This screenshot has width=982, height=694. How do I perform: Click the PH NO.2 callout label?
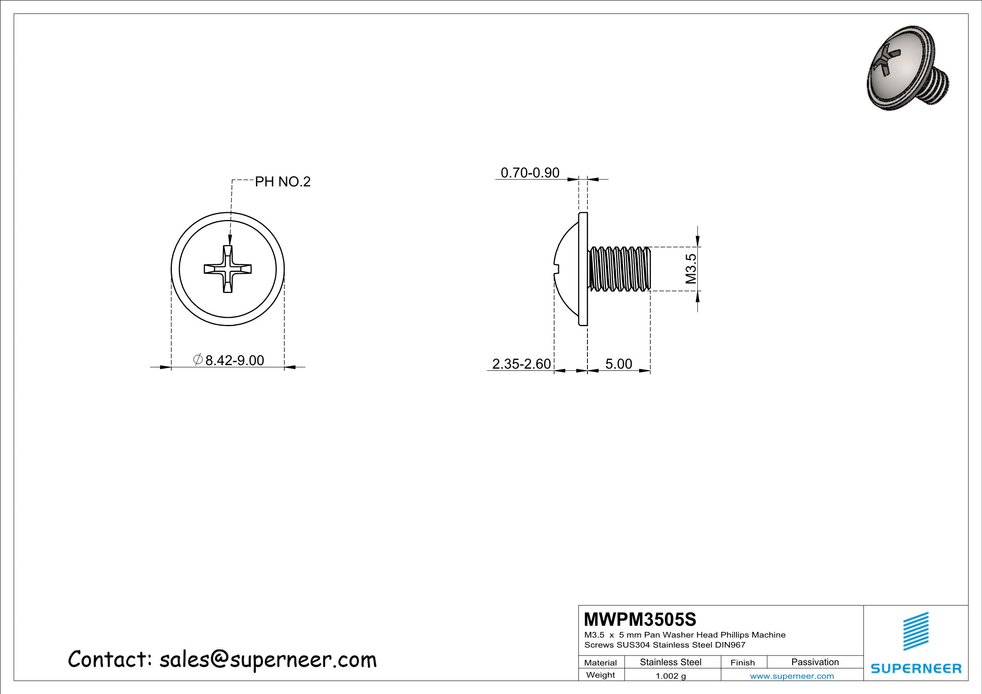283,181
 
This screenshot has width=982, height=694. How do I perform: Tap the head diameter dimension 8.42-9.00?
234,360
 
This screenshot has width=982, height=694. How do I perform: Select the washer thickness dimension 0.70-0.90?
530,173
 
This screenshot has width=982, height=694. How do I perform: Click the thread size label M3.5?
691,269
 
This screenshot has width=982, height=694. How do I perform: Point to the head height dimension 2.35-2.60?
521,364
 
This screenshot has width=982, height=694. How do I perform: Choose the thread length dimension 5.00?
619,364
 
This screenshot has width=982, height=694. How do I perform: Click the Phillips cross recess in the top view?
228,269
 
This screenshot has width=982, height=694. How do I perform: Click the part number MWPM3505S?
640,620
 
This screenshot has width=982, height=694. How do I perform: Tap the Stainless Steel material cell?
671,662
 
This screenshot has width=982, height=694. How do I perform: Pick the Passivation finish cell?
815,662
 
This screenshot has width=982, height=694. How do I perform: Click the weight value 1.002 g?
671,676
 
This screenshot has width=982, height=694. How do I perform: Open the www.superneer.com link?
792,676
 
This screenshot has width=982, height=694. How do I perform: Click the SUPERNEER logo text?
916,669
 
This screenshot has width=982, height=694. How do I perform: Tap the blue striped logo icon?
916,631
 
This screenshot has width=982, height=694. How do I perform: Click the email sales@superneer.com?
268,660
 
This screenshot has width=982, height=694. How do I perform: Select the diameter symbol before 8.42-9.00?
198,359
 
